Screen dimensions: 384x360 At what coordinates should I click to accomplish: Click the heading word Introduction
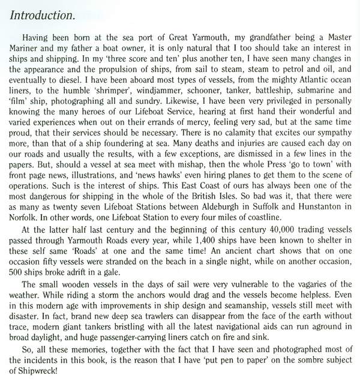[x=43, y=14]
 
